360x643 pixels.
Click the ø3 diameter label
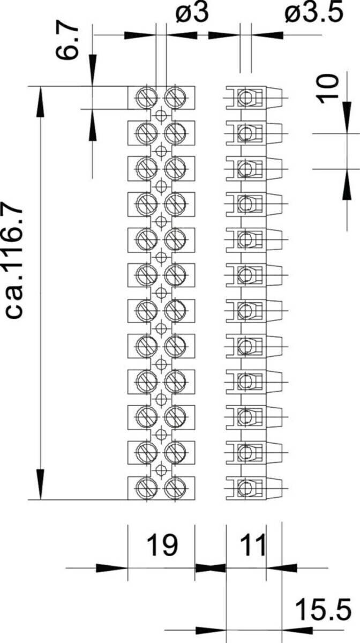click(x=192, y=13)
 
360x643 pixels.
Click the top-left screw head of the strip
click(x=147, y=98)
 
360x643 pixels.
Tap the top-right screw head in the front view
click(x=175, y=98)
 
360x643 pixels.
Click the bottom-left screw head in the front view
click(x=147, y=488)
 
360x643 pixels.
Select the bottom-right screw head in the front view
click(x=175, y=488)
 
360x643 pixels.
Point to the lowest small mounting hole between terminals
click(x=161, y=470)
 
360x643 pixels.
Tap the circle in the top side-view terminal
click(x=245, y=98)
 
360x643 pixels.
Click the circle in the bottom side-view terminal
click(x=245, y=488)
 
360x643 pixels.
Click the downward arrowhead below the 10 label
click(x=347, y=118)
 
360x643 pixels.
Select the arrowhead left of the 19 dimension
click(x=111, y=568)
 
